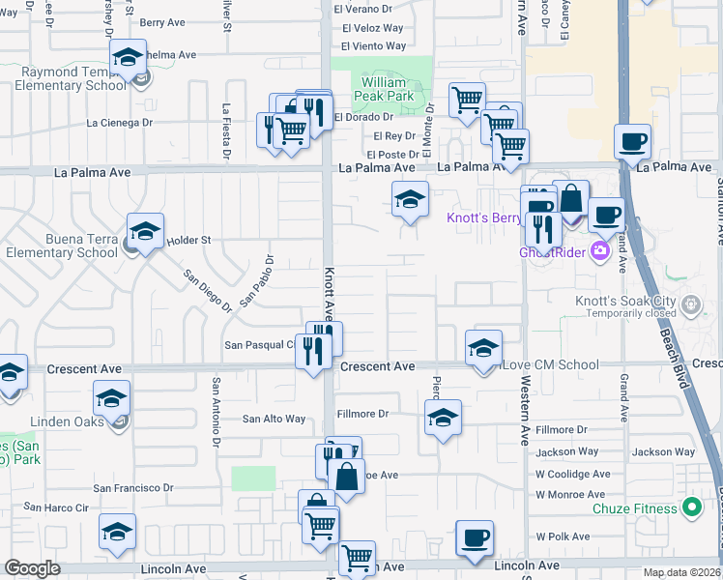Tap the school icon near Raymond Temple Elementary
click(128, 58)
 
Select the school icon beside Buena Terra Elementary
click(145, 232)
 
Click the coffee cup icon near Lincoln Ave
click(474, 538)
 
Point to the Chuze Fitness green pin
click(691, 507)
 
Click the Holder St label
click(188, 240)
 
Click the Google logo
click(32, 568)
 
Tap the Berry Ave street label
click(162, 22)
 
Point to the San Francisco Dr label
click(132, 488)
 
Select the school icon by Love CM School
click(483, 349)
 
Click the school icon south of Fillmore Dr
click(443, 418)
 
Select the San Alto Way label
click(274, 419)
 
